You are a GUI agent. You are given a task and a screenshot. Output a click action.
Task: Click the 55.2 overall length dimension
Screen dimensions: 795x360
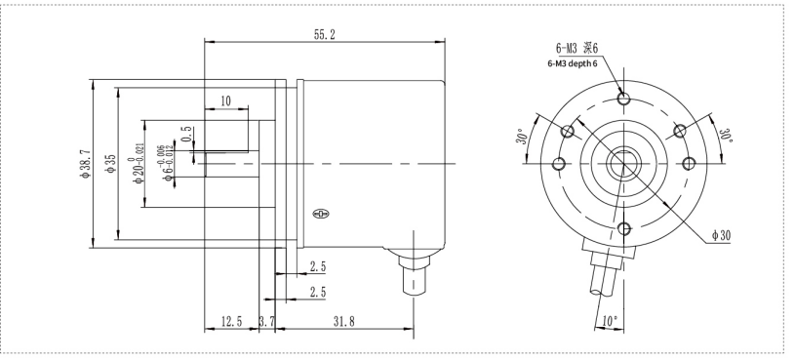point(325,34)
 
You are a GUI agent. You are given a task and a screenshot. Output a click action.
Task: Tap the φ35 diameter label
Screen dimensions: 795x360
point(110,164)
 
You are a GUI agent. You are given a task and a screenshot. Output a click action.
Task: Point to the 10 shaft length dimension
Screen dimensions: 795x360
point(225,100)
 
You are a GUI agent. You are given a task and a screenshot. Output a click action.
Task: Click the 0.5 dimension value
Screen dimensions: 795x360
point(186,134)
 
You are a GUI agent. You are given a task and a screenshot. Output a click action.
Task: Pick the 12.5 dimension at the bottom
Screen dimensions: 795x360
point(232,321)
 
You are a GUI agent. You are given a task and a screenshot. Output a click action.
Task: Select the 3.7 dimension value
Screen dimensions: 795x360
point(266,321)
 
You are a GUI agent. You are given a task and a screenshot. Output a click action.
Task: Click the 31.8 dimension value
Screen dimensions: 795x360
point(343,321)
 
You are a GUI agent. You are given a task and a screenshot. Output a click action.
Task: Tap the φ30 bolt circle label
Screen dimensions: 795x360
point(721,235)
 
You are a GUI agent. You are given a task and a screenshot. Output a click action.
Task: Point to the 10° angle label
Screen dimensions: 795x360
point(610,321)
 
